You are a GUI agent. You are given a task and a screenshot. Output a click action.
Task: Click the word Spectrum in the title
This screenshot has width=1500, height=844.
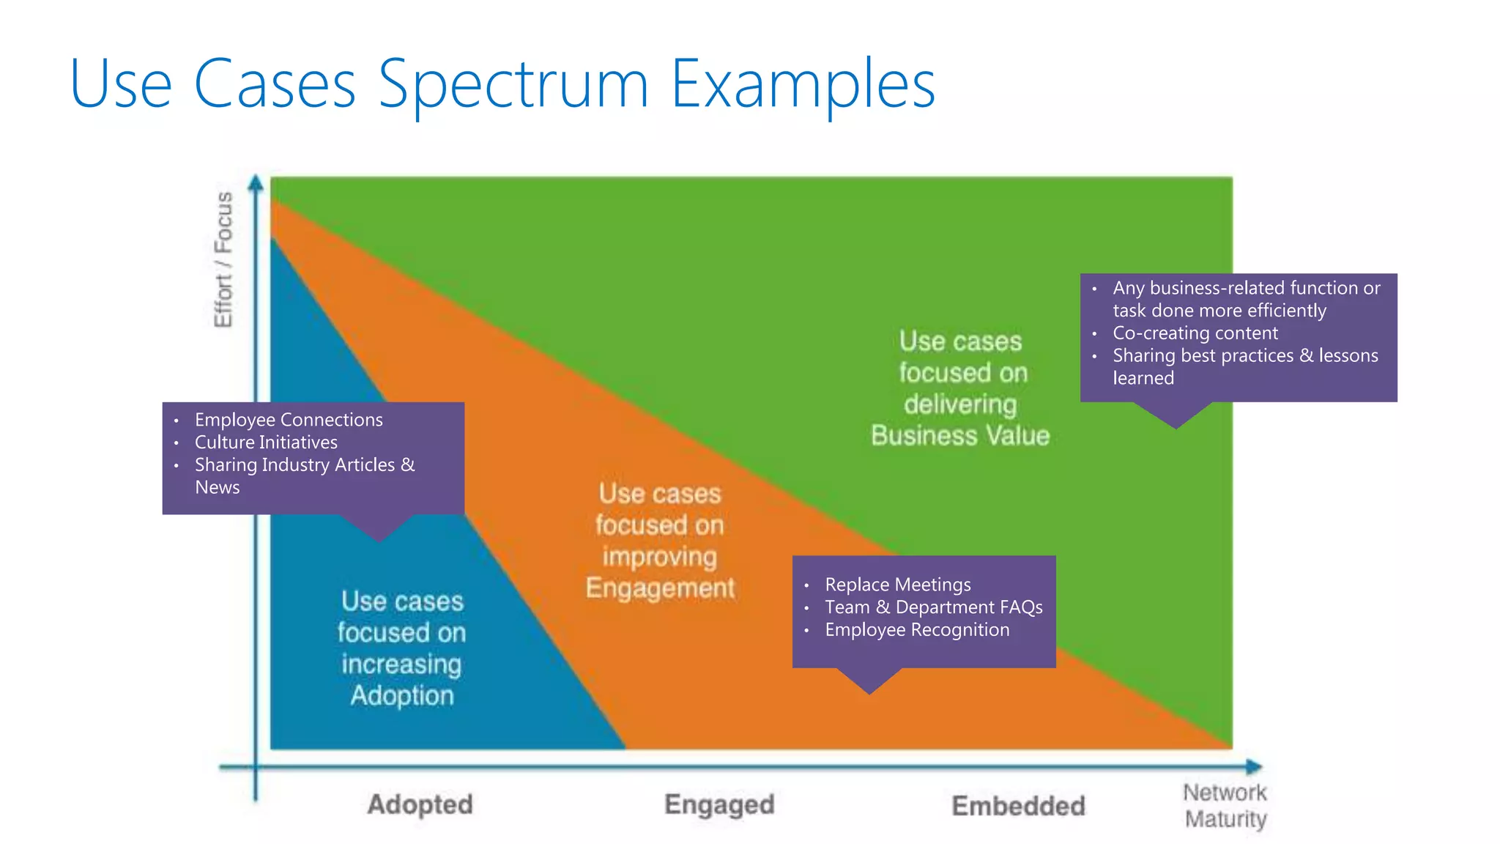point(513,84)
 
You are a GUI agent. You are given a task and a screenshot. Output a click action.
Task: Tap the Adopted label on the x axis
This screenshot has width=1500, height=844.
point(420,804)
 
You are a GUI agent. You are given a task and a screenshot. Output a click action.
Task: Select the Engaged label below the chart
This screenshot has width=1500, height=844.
point(719,804)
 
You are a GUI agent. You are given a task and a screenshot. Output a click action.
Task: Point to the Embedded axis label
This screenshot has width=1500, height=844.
point(1018,806)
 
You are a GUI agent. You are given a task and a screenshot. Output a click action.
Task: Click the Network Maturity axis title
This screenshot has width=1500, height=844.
point(1225,805)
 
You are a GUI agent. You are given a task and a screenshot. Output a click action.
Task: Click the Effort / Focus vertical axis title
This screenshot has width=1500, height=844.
point(223,259)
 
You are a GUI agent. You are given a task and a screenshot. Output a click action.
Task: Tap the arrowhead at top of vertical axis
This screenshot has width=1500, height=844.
point(256,182)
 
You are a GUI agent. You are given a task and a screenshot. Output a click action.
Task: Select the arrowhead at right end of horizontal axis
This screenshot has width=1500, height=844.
point(1254,767)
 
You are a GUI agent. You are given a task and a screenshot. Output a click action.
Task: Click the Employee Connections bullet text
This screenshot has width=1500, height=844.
point(289,420)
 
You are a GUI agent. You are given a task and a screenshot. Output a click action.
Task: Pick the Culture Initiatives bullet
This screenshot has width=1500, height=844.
point(266,443)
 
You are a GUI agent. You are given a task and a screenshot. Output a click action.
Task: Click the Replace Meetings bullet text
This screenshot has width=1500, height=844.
point(897,585)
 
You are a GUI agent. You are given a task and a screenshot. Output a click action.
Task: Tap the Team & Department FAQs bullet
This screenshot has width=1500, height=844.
point(933,607)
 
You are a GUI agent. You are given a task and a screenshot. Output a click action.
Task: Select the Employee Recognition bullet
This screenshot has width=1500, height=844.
point(917,630)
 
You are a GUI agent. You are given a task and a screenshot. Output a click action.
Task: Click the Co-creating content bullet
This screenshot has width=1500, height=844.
point(1195,333)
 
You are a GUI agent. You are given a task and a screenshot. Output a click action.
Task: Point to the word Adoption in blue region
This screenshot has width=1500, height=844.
point(402,695)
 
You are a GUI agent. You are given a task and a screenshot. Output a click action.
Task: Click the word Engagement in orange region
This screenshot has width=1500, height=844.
point(660,588)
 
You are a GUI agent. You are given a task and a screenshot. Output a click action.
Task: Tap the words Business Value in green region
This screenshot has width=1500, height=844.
point(960,436)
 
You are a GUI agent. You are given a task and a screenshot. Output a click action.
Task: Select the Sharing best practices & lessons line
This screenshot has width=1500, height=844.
point(1245,356)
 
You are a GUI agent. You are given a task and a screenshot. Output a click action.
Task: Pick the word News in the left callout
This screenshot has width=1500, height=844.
point(217,488)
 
